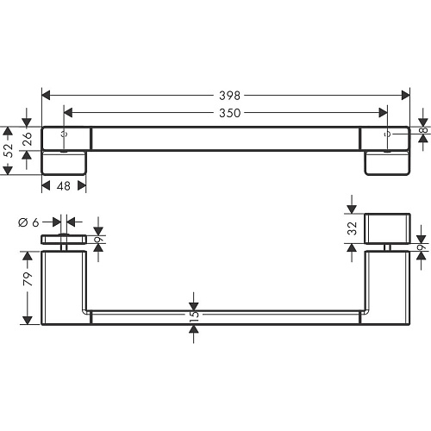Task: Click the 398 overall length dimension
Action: click(229, 96)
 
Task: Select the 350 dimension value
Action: click(229, 113)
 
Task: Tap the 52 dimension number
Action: click(9, 150)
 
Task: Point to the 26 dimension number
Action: click(28, 139)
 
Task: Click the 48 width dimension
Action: click(64, 186)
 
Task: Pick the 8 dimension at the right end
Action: click(425, 130)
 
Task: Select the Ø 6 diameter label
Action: click(28, 222)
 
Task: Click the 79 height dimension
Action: click(28, 278)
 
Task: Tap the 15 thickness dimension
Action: click(194, 314)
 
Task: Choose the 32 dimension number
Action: click(353, 228)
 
